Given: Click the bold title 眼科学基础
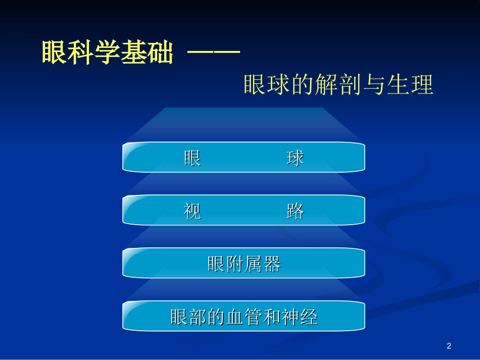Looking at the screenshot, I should click(x=107, y=53).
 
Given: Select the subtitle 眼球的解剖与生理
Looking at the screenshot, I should click(x=338, y=85).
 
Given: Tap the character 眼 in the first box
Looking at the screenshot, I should click(x=193, y=158).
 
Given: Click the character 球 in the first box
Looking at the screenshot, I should click(x=296, y=158).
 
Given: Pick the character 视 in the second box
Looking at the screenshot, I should click(x=193, y=211).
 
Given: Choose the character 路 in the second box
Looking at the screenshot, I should click(x=296, y=211).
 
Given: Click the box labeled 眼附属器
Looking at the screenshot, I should click(x=244, y=264).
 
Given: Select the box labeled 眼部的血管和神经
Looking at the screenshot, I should click(x=244, y=317).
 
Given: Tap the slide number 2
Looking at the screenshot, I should click(x=449, y=346).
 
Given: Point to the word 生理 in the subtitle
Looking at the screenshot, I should click(x=410, y=85).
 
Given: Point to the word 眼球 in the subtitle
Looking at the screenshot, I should click(x=266, y=85).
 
